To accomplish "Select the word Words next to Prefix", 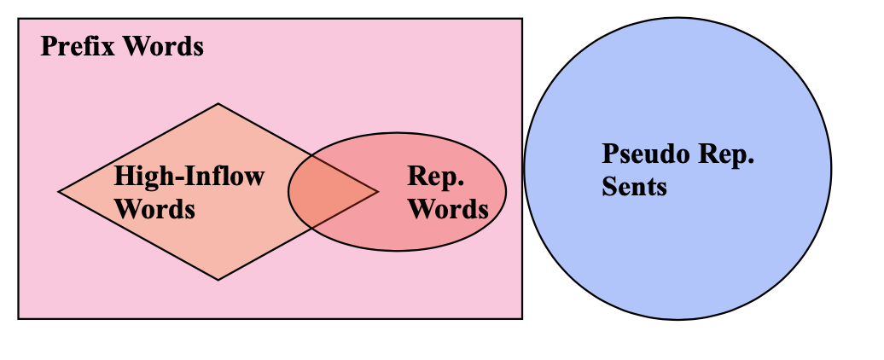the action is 163,46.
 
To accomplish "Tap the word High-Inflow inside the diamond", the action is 189,177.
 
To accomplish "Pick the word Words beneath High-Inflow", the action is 154,208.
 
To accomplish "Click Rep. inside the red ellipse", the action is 435,177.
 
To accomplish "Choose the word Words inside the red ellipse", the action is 448,208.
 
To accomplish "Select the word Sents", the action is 634,186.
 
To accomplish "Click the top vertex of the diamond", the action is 218,104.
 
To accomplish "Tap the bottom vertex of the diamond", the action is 218,279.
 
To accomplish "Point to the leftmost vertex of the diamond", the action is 59,192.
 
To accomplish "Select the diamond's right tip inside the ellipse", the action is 377,192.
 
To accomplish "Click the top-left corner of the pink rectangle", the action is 19,19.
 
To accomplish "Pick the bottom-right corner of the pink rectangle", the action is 521,318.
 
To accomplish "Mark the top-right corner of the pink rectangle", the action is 521,19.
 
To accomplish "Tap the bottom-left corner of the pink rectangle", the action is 19,318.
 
